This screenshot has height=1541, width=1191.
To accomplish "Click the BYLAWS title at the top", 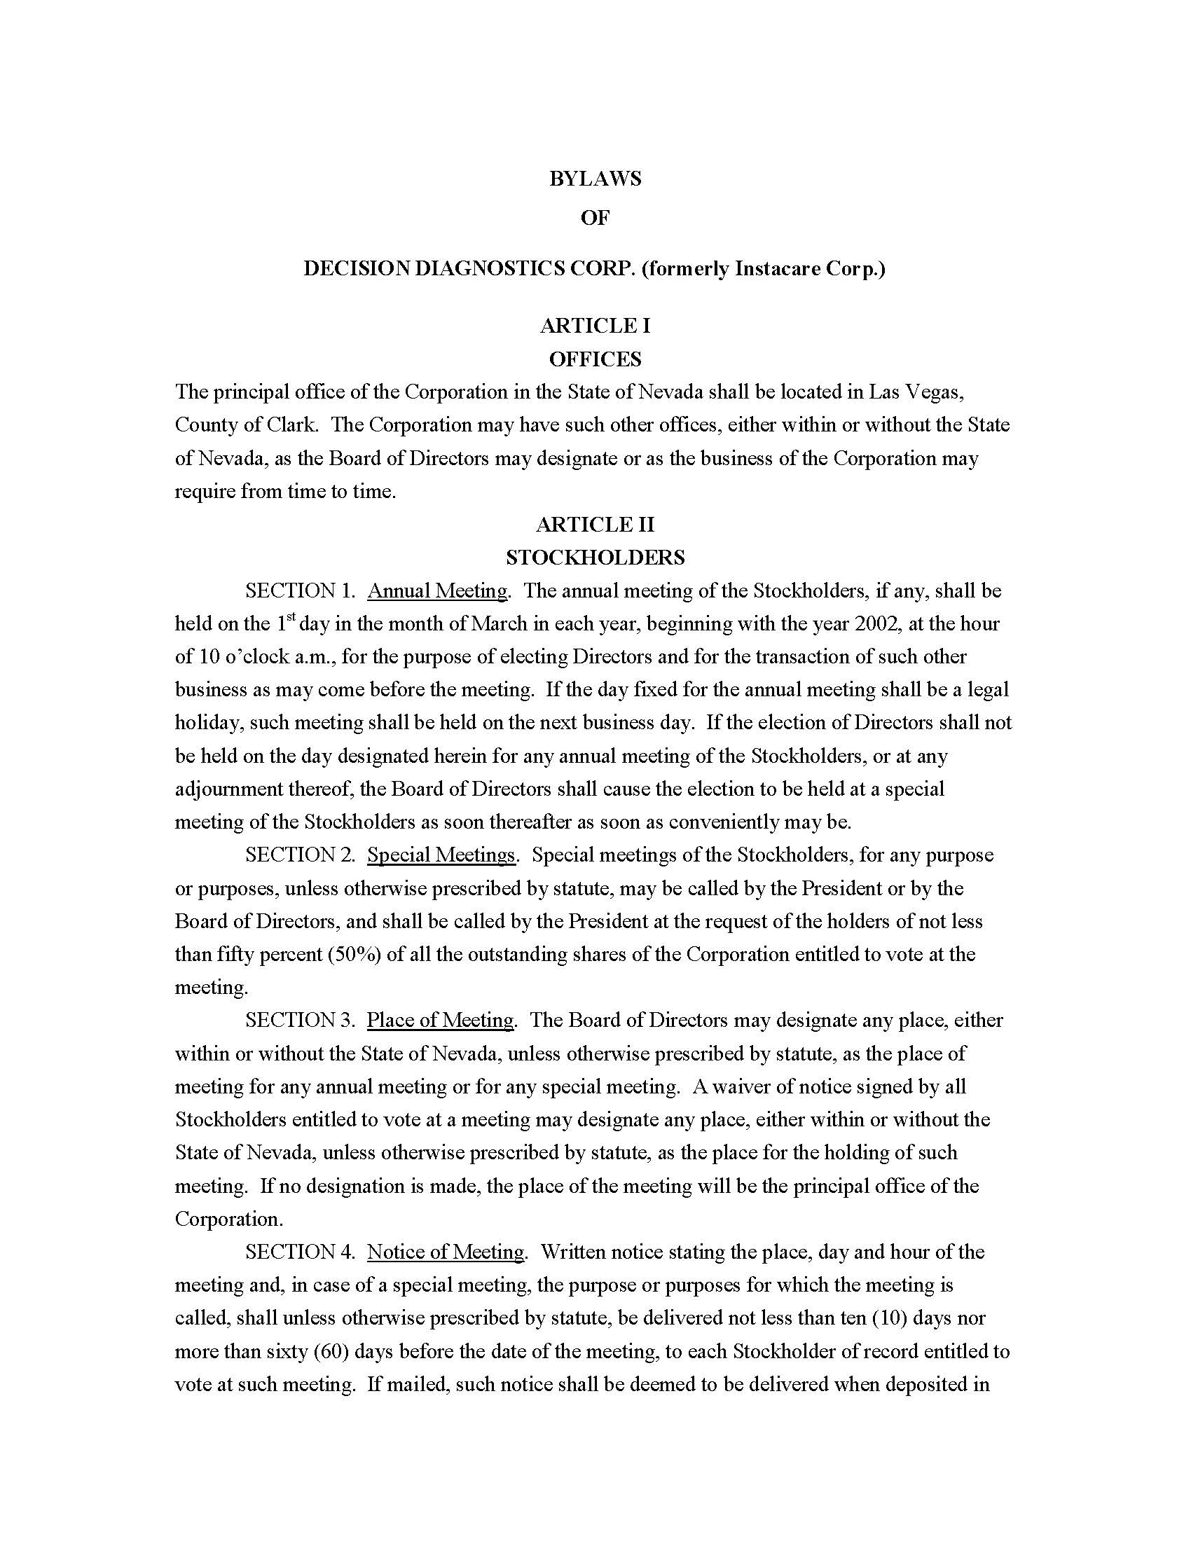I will click(x=595, y=179).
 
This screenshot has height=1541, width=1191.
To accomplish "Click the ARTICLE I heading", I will click(x=595, y=325).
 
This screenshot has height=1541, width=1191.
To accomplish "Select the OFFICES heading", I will click(x=595, y=359).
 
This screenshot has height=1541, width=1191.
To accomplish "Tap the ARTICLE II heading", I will click(x=595, y=524).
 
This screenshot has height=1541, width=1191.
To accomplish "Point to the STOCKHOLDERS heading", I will click(x=595, y=558).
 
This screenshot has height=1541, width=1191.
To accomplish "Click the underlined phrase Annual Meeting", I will click(x=436, y=590).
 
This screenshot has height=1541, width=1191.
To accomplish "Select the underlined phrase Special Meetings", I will click(x=441, y=855).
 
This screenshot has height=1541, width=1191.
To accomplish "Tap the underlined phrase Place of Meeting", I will click(x=440, y=1020).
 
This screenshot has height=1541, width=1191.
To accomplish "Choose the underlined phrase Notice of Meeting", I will click(x=445, y=1252).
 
